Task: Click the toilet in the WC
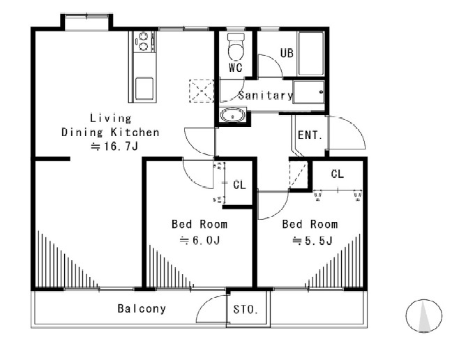click(x=236, y=47)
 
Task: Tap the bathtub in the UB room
click(x=311, y=54)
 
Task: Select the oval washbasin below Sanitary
click(x=233, y=115)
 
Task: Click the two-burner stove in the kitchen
click(x=143, y=41)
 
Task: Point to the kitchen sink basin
click(x=144, y=88)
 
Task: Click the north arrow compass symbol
click(x=424, y=316)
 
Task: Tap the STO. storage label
click(x=246, y=310)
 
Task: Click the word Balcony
click(x=142, y=308)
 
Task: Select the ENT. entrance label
click(x=310, y=135)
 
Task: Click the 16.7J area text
click(x=114, y=147)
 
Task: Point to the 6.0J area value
click(x=199, y=240)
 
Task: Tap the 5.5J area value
click(x=312, y=240)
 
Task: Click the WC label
click(x=236, y=68)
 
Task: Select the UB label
click(x=287, y=53)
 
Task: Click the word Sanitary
click(x=266, y=96)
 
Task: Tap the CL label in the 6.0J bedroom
click(x=239, y=185)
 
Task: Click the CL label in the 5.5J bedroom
click(x=338, y=174)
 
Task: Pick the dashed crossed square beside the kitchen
click(x=201, y=91)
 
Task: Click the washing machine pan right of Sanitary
click(x=309, y=92)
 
